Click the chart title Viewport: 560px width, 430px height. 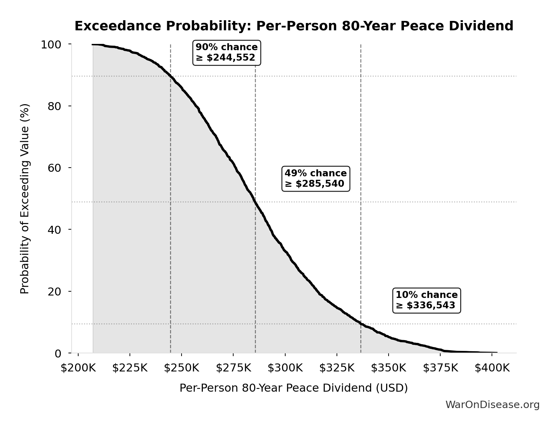294,26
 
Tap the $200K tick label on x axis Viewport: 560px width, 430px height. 78,368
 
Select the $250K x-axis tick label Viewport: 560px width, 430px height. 182,368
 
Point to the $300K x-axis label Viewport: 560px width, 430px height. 285,368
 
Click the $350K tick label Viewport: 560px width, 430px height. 388,368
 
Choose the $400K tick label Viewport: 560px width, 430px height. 492,368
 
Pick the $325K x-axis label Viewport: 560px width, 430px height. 337,368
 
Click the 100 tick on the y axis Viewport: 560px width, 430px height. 51,45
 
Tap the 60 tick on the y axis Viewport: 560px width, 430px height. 54,168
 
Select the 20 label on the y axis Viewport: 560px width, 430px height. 54,291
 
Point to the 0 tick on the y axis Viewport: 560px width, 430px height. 58,353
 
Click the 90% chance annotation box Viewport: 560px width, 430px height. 227,53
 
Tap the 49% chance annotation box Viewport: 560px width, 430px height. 316,178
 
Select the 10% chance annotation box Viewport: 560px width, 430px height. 426,300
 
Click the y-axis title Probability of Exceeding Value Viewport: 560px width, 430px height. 25,199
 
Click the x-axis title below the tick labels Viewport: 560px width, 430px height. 294,388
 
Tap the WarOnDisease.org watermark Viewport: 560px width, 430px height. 492,405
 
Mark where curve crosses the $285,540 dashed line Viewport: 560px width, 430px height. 255,202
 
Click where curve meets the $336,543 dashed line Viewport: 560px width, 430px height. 361,324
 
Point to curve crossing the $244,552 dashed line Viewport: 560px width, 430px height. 170,76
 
